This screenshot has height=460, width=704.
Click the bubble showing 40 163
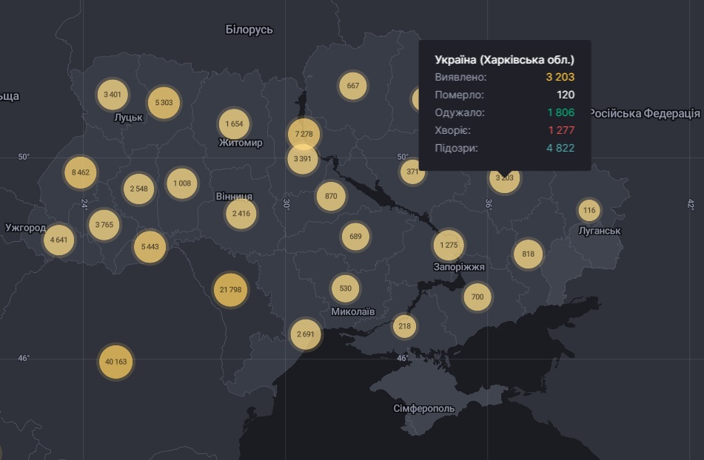click(x=115, y=362)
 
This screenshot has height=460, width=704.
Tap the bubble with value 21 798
click(x=230, y=289)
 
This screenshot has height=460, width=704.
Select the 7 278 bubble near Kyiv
click(x=304, y=134)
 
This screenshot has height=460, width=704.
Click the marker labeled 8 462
click(x=80, y=172)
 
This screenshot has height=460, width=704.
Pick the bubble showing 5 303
click(x=164, y=103)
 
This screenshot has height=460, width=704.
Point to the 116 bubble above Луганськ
click(x=589, y=211)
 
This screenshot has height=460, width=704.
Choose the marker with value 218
click(x=404, y=326)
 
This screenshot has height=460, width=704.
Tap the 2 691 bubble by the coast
click(x=306, y=334)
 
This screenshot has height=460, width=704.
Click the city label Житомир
click(x=241, y=143)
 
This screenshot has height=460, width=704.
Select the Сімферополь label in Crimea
click(x=424, y=408)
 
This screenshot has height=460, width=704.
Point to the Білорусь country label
click(x=249, y=30)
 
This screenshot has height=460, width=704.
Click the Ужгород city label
click(x=26, y=228)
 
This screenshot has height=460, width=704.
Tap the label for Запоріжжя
click(x=459, y=266)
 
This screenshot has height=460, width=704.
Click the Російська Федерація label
click(x=644, y=113)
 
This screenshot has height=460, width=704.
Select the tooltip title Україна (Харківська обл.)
click(x=504, y=60)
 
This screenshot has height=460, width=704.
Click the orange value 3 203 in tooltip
click(x=560, y=77)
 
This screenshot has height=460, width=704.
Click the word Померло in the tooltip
click(x=459, y=95)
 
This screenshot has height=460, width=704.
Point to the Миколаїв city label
click(x=352, y=311)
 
